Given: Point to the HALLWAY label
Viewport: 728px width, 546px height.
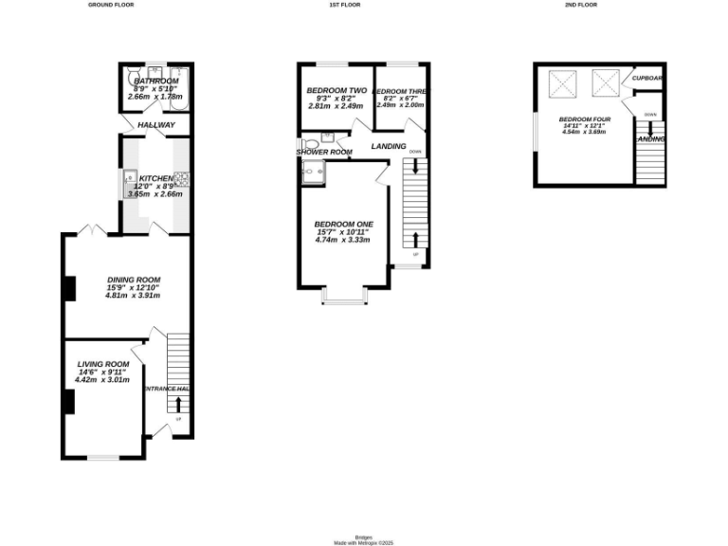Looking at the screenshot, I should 156,125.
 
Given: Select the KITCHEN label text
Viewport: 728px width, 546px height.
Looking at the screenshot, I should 156,178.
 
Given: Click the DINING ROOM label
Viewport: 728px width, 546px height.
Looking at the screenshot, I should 134,280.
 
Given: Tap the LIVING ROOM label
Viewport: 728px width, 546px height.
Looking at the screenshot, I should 102,365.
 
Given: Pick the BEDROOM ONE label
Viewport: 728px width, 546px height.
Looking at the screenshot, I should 344,224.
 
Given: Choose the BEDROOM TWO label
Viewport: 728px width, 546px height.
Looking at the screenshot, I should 337,91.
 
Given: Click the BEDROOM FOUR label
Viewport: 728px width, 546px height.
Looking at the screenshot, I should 583,119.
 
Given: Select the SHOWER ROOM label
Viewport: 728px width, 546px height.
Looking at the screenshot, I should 324,152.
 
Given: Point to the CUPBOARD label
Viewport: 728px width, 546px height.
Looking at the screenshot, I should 648,78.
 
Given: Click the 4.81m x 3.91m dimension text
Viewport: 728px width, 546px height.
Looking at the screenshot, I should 134,296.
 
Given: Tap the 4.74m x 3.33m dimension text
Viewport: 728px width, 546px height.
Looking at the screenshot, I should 344,240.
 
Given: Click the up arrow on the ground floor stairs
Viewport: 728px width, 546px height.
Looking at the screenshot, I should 178,405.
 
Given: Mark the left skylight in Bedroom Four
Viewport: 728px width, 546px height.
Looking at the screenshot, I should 561,84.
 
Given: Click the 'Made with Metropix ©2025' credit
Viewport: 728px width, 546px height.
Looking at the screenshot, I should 363,543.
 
